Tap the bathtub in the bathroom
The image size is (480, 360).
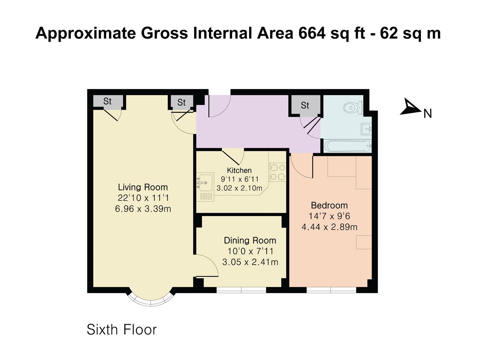[x=348, y=146]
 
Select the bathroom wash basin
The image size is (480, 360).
[x=366, y=129]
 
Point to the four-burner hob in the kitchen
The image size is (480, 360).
[x=278, y=172]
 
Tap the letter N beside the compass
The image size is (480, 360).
[x=428, y=114]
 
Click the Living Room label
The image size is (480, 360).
[x=143, y=187]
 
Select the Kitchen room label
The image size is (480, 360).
[x=239, y=170]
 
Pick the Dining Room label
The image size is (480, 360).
[x=250, y=240]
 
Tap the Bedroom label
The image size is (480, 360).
[x=329, y=205]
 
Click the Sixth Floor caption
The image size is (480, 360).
[x=122, y=330]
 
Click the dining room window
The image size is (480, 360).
[x=241, y=290]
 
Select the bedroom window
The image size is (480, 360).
[x=332, y=290]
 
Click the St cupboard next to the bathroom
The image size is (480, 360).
[x=305, y=105]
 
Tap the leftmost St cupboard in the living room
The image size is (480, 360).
[x=107, y=101]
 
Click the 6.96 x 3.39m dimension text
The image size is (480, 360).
[x=143, y=209]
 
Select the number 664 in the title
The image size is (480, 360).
[x=312, y=33]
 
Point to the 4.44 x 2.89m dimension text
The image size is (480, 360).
[x=330, y=227]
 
